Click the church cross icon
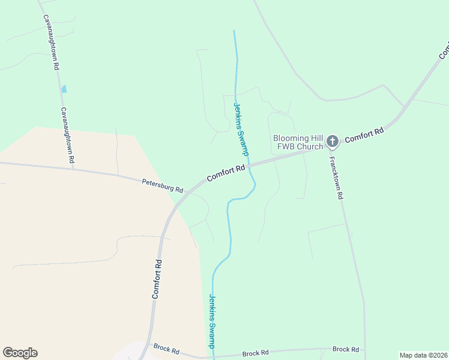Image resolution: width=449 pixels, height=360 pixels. [333, 142]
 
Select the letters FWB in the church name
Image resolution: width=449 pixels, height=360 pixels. [284, 146]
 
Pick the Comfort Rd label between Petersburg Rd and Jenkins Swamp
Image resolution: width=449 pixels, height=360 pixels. [226, 173]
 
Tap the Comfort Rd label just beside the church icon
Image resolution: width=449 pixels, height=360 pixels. [364, 134]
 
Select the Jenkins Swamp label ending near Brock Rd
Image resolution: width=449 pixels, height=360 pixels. [212, 320]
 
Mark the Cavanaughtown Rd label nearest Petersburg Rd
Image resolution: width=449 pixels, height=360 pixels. [67, 136]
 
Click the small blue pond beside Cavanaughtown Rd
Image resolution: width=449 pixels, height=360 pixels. [64, 89]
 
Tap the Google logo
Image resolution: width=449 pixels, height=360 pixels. [20, 353]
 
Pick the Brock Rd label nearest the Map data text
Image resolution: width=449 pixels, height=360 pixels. [345, 349]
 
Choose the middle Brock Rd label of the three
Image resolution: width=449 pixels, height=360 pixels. [255, 354]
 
